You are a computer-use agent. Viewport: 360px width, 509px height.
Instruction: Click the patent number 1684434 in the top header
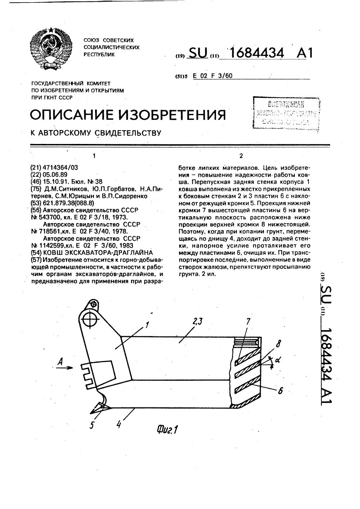coord(257,53)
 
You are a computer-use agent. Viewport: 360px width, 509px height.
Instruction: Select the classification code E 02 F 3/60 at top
coord(212,76)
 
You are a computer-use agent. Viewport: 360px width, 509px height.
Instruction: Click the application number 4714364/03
coord(60,167)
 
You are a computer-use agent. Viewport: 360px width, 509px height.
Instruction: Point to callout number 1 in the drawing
coord(147,326)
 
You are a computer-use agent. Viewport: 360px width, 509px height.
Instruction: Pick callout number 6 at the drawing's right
coord(281,390)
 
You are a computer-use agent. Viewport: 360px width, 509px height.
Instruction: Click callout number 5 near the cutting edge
coord(92,425)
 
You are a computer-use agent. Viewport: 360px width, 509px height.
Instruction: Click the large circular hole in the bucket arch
coord(89,319)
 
